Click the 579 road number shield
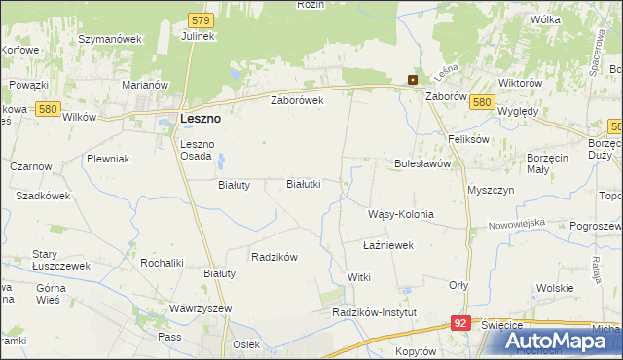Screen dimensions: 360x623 (x=201, y=18)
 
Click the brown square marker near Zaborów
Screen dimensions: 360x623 (x=413, y=81)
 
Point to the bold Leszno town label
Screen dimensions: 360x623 (x=201, y=118)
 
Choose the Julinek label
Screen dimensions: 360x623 (x=198, y=36)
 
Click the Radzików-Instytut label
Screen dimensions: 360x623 (x=374, y=312)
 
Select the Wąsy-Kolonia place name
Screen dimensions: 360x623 (x=400, y=214)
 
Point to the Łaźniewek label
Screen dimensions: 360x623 (x=388, y=245)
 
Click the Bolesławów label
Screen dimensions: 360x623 (x=421, y=163)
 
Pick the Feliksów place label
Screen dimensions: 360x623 (x=468, y=139)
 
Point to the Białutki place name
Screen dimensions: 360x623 (x=303, y=183)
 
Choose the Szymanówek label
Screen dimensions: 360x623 (x=110, y=39)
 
